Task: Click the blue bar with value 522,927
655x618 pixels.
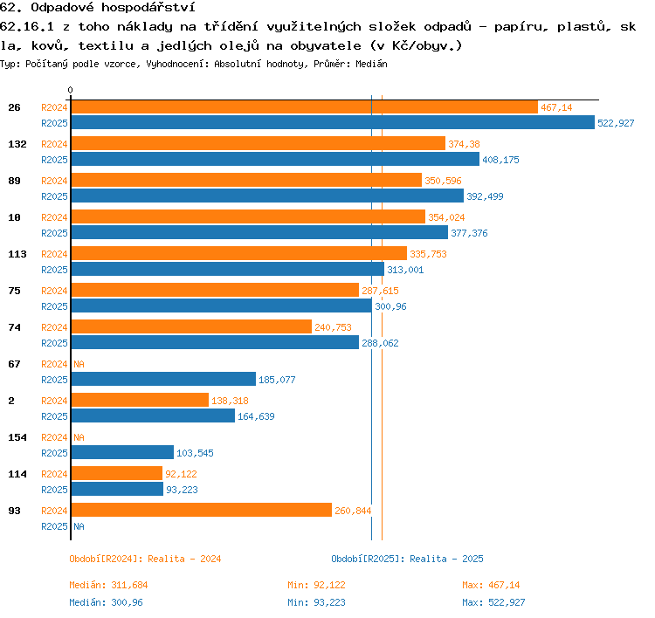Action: [333, 122]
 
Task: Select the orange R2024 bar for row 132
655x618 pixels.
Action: [259, 143]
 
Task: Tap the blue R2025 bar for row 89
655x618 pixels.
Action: [267, 196]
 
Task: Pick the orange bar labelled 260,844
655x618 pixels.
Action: [202, 510]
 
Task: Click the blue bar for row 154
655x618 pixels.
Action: [122, 452]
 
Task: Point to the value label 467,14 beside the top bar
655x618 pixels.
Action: [556, 107]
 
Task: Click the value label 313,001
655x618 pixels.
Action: [405, 270]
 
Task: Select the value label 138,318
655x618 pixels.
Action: [230, 401]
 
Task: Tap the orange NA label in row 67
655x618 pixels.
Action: [79, 364]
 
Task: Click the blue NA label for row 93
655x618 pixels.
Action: [79, 526]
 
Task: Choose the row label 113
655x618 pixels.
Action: [17, 254]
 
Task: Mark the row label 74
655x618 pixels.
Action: [14, 327]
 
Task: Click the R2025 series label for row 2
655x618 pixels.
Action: [54, 416]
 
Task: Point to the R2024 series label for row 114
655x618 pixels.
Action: [54, 474]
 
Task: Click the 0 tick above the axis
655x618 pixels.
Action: [70, 90]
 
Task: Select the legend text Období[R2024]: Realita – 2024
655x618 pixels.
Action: [145, 559]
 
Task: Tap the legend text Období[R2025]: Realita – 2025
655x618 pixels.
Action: [407, 559]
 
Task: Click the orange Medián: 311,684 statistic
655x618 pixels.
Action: [108, 585]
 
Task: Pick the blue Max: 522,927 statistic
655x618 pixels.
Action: [493, 602]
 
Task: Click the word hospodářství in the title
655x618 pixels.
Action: [148, 8]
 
